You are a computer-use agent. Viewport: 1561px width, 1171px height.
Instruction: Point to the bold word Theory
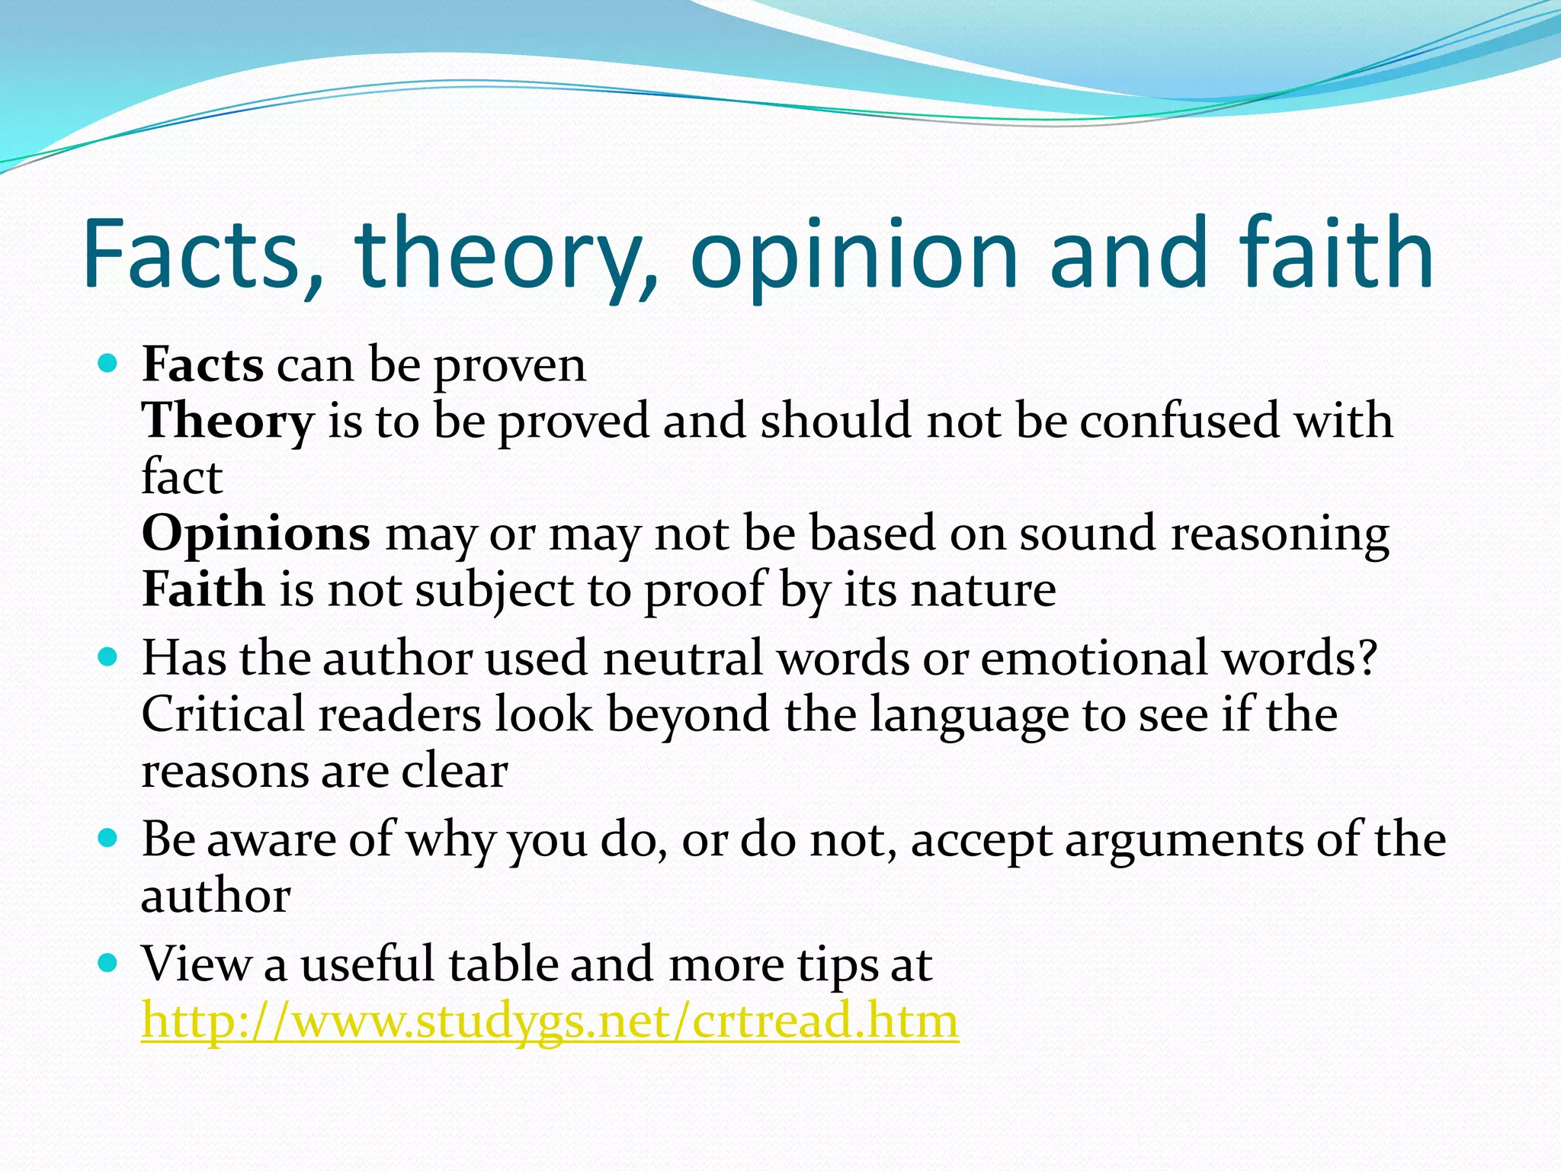[228, 422]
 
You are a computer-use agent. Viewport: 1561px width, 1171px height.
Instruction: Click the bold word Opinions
[256, 534]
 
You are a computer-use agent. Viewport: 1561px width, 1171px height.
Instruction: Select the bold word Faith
[203, 589]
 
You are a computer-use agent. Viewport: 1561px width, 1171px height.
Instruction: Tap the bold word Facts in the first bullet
[203, 364]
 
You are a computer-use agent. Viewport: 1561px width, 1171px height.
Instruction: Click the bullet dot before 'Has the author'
[108, 656]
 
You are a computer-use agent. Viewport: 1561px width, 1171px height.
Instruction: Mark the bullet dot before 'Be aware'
[108, 839]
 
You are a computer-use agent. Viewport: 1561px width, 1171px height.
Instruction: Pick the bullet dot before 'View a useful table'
[108, 963]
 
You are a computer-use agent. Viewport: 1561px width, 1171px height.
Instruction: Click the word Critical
[223, 714]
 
